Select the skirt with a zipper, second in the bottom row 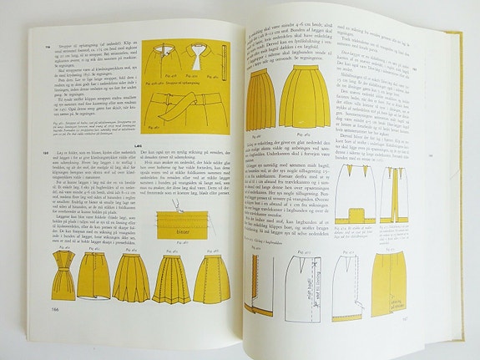coord(93,276)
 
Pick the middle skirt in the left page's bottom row coord(131,277)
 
